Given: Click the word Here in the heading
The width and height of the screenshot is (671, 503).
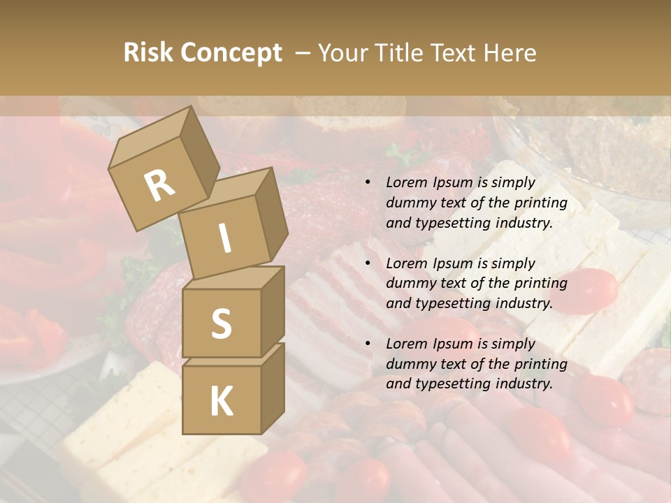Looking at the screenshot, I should click(510, 53).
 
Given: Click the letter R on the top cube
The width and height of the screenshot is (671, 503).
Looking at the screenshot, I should click(159, 186).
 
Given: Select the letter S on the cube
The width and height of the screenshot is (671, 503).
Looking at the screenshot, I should click(221, 323).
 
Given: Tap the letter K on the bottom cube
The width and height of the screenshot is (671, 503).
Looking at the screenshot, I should click(221, 401).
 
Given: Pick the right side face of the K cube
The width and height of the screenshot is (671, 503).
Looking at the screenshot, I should click(273, 388).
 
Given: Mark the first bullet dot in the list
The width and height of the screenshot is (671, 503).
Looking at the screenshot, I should click(367, 183).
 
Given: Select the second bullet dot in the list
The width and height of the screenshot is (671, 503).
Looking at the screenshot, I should click(367, 264).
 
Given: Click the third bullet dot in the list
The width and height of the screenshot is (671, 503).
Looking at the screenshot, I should click(367, 344).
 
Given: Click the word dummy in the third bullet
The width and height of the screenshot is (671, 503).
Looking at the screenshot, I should click(410, 364).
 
